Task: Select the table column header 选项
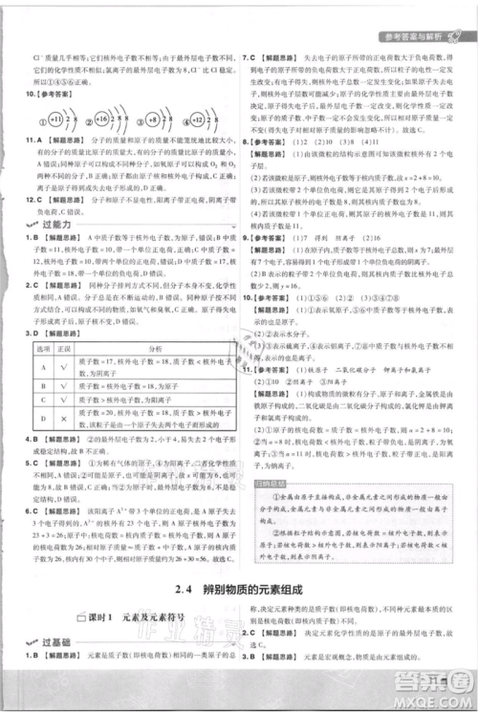(x=42, y=349)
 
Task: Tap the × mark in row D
(x=63, y=417)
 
